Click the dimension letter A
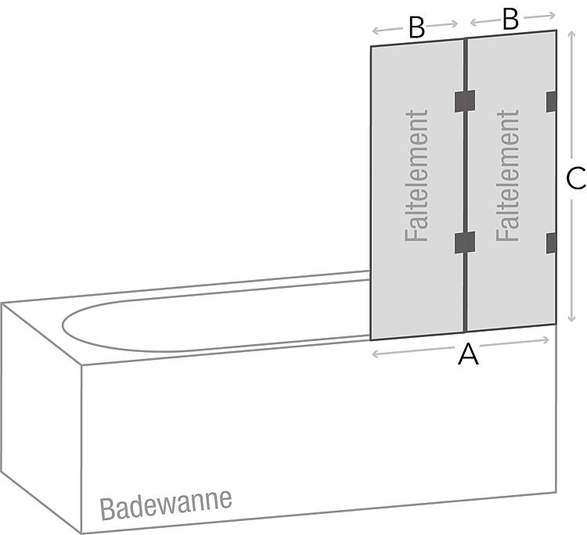pyautogui.click(x=468, y=355)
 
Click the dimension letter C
pyautogui.click(x=575, y=179)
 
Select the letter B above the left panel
pyautogui.click(x=416, y=28)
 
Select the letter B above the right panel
pyautogui.click(x=510, y=19)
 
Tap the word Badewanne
pyautogui.click(x=166, y=502)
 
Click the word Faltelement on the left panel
pyautogui.click(x=417, y=175)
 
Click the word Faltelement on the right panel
pyautogui.click(x=508, y=175)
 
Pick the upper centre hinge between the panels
pyautogui.click(x=465, y=101)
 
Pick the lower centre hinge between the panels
pyautogui.click(x=465, y=242)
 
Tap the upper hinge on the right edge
pyautogui.click(x=551, y=101)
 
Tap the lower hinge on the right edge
pyautogui.click(x=551, y=242)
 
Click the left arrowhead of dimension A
pyautogui.click(x=374, y=354)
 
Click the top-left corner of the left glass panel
pyautogui.click(x=371, y=46)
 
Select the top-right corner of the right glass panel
pyautogui.click(x=556, y=31)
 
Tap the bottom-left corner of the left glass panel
pyautogui.click(x=371, y=340)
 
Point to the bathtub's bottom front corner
pyautogui.click(x=83, y=533)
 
